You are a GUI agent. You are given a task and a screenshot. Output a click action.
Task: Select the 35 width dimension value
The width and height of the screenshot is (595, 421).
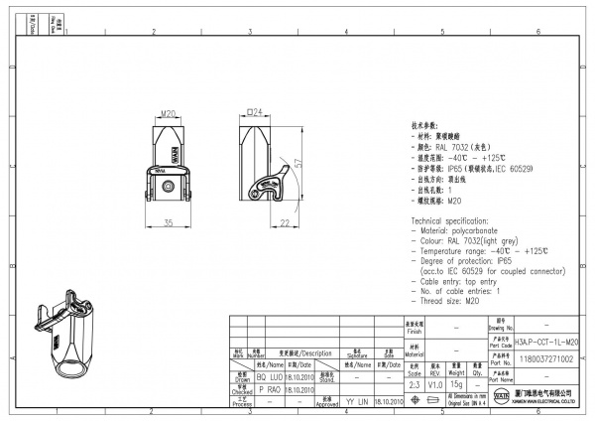(169, 221)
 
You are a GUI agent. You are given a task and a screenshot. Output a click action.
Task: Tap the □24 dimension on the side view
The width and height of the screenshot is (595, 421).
(254, 114)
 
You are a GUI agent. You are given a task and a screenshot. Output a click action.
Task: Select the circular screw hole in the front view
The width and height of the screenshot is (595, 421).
(171, 186)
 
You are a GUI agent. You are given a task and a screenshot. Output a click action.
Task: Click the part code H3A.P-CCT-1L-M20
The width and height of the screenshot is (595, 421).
(547, 341)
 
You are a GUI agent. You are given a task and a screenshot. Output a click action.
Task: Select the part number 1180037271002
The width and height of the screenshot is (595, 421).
(547, 357)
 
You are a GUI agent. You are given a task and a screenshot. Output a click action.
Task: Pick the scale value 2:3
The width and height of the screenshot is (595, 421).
(414, 383)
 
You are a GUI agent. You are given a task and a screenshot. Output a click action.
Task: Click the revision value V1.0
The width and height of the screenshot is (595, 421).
(435, 383)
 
